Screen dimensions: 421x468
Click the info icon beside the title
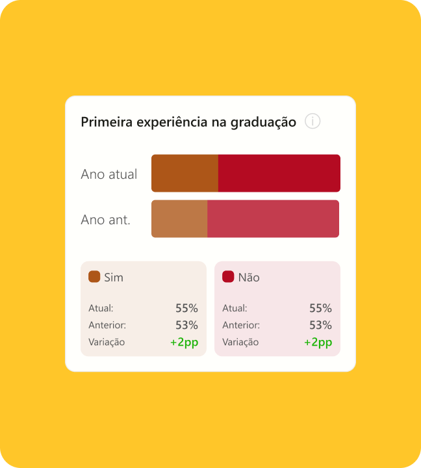pos(313,121)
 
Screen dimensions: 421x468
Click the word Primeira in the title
pos(107,122)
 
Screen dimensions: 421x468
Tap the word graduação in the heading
pos(263,123)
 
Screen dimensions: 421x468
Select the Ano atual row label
pos(109,174)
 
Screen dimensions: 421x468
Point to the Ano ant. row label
pos(106,220)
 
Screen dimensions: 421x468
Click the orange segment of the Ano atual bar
pos(185,173)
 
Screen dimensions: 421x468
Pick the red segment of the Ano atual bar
pos(279,173)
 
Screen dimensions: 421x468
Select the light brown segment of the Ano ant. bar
pos(179,219)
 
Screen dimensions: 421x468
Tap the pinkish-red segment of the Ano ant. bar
pos(274,219)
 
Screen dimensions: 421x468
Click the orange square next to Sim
pos(94,277)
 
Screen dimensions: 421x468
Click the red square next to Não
pos(228,277)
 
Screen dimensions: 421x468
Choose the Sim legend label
pos(114,278)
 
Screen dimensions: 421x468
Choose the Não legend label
pos(249,278)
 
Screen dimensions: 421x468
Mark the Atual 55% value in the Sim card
pos(186,308)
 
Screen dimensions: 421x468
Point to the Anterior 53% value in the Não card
pos(321,325)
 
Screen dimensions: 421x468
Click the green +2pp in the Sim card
pos(184,343)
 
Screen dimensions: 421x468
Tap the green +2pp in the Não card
pos(318,343)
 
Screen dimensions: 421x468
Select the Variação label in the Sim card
pos(107,342)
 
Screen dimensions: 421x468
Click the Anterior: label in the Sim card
pos(107,325)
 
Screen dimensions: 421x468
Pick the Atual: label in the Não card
pos(235,308)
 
